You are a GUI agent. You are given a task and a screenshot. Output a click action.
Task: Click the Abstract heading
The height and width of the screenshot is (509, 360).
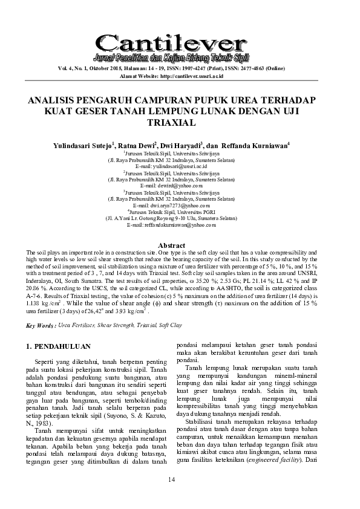pos(180,245)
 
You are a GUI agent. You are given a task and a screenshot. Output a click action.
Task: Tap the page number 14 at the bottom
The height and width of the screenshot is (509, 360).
pos(180,479)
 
